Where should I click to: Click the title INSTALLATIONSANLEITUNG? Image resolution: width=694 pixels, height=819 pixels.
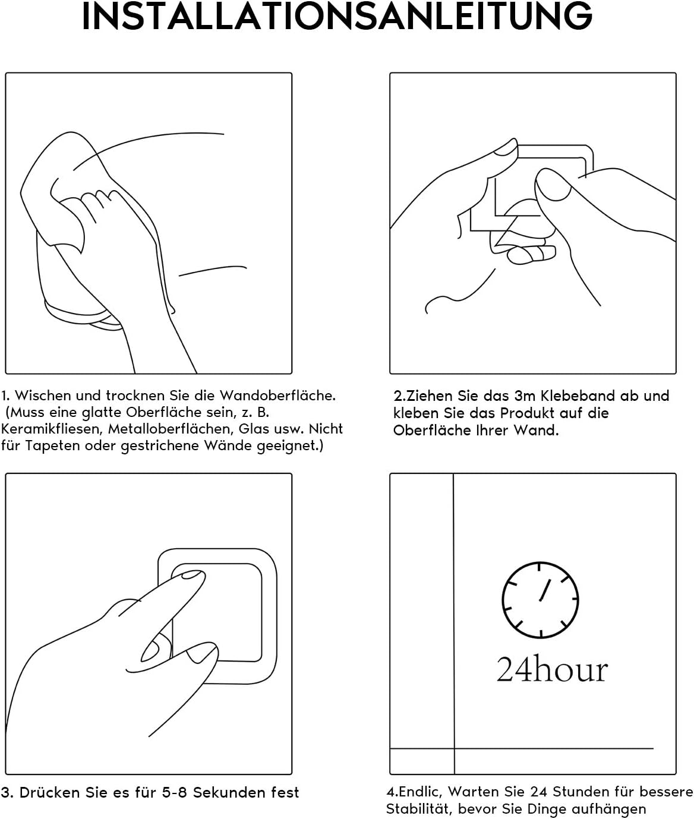(336, 16)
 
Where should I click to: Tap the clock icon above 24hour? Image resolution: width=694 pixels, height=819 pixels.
(540, 599)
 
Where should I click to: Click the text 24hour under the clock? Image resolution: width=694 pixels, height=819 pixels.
(552, 669)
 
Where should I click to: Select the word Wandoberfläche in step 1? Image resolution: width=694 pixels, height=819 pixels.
(277, 396)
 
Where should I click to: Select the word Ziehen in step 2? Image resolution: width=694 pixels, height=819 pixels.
(430, 396)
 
